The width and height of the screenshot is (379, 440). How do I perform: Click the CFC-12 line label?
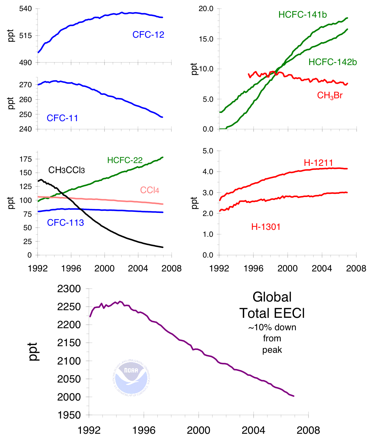pyautogui.click(x=148, y=35)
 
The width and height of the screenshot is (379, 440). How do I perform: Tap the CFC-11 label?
pyautogui.click(x=62, y=118)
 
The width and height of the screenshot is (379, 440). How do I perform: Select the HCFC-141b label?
pyautogui.click(x=303, y=15)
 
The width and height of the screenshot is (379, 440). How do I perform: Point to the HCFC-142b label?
pyautogui.click(x=333, y=62)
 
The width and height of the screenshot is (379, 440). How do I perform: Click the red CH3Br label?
pyautogui.click(x=330, y=96)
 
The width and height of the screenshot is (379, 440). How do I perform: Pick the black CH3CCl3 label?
pyautogui.click(x=67, y=170)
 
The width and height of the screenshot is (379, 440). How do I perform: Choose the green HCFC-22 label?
pyautogui.click(x=125, y=160)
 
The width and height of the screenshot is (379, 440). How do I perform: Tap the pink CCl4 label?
pyautogui.click(x=149, y=190)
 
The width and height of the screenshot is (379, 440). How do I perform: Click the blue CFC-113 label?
pyautogui.click(x=65, y=223)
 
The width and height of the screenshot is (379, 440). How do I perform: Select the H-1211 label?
pyautogui.click(x=318, y=163)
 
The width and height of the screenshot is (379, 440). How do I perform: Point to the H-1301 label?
pyautogui.click(x=266, y=227)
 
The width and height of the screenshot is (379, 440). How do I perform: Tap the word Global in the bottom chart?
pyautogui.click(x=272, y=297)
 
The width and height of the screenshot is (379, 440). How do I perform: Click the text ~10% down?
pyautogui.click(x=272, y=327)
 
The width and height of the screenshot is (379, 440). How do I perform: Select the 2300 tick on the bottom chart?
pyautogui.click(x=69, y=289)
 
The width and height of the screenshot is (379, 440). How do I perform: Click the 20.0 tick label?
pyautogui.click(x=206, y=9)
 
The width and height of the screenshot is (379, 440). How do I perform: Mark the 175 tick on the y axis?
pyautogui.click(x=26, y=159)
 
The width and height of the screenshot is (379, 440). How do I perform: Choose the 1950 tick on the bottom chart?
pyautogui.click(x=69, y=415)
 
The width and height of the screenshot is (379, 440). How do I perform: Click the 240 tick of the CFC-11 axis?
pyautogui.click(x=25, y=129)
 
